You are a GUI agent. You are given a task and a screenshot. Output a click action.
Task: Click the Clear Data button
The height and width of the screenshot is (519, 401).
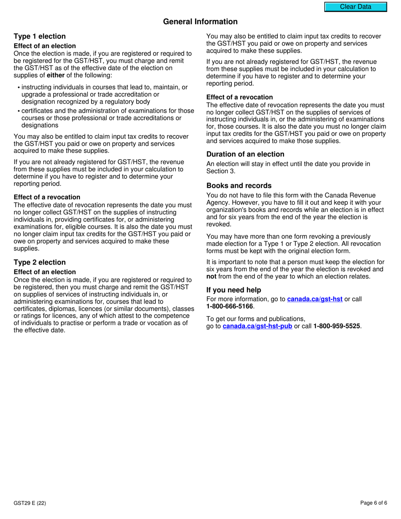coord(355,7)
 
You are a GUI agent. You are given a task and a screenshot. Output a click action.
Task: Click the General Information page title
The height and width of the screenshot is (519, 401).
coord(200,22)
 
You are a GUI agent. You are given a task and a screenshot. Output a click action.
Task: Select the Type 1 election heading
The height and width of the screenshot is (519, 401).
coord(40,36)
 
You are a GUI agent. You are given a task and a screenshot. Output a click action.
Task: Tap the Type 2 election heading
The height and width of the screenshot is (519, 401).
coord(40,262)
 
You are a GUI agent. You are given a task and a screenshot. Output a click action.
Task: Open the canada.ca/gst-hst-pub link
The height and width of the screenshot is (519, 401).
coord(257,326)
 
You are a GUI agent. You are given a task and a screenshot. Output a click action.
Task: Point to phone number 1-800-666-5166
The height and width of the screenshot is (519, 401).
coord(230,306)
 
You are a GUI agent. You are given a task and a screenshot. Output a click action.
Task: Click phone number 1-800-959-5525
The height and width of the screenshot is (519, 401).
coord(336,326)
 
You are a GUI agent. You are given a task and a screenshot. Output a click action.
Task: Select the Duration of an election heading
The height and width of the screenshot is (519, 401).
coord(245,154)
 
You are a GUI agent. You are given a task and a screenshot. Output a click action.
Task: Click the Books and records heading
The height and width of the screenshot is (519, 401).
coord(239,186)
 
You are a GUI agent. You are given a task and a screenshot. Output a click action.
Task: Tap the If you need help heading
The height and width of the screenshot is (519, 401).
coord(233,290)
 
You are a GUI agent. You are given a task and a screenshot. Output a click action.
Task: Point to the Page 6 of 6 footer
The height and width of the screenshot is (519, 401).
coord(374,503)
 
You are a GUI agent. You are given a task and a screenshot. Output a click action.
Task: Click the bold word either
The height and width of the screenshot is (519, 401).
coord(55,76)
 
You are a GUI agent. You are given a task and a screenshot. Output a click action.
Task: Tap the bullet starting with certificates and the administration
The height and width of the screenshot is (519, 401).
coord(108,118)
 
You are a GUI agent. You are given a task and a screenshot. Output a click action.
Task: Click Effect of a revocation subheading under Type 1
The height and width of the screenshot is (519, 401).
coord(47,197)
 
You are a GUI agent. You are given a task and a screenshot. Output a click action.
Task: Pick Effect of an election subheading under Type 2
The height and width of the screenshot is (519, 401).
coord(45,272)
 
